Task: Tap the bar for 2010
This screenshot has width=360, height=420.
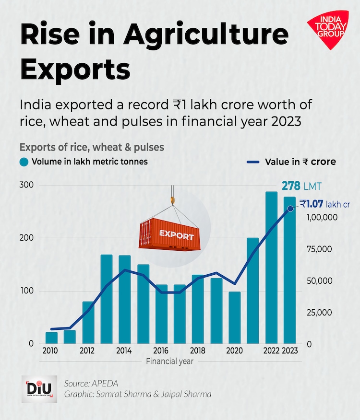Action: tap(51, 338)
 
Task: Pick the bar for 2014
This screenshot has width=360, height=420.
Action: tap(125, 299)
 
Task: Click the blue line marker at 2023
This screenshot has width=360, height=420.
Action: tap(290, 209)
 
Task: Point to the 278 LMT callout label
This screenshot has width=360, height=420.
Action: tap(301, 186)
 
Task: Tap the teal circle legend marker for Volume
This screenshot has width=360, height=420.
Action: tap(24, 162)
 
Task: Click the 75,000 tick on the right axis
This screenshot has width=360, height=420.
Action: tap(320, 249)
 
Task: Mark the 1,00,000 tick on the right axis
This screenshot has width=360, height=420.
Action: tap(322, 218)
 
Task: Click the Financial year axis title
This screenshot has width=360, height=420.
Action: tap(170, 362)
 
